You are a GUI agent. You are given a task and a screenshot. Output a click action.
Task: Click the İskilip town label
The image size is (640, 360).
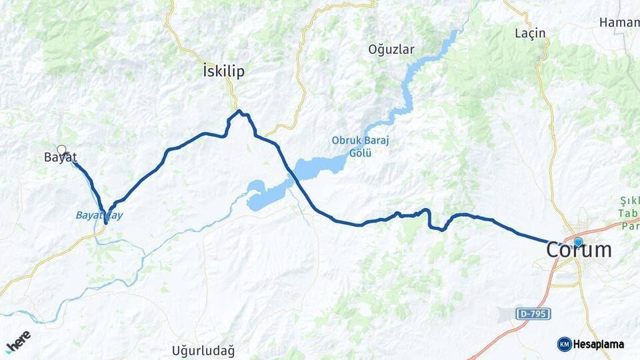coord(223,71)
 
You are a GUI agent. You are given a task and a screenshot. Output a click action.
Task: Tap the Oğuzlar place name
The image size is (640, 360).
coord(391,49)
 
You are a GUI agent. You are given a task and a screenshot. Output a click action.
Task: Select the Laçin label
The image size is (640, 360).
coord(531,33)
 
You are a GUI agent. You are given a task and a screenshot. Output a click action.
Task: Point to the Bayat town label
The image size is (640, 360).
coord(60,158)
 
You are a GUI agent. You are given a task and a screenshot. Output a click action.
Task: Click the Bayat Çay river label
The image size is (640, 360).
coord(99,215)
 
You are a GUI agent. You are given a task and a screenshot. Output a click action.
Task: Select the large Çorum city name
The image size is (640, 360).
coord(578,250)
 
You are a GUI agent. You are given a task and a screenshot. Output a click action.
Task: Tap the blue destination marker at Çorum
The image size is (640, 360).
coord(578,243)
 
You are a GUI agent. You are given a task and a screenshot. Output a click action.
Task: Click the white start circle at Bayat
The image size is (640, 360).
coord(61,150)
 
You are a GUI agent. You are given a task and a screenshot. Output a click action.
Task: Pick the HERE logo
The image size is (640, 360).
coord(18,340)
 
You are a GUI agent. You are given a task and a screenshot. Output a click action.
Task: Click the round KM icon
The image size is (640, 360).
coord(564,344)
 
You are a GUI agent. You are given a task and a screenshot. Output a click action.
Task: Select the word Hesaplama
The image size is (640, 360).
coord(599,344)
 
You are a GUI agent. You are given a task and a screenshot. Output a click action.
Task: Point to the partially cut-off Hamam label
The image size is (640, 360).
coord(619,22)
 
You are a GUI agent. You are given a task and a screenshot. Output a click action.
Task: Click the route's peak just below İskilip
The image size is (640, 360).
coord(238,111)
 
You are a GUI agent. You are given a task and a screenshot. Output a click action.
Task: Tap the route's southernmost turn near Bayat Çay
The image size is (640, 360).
coord(105,222)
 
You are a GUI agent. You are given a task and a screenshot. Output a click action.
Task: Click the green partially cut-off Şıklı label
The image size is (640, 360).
coord(629,200)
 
